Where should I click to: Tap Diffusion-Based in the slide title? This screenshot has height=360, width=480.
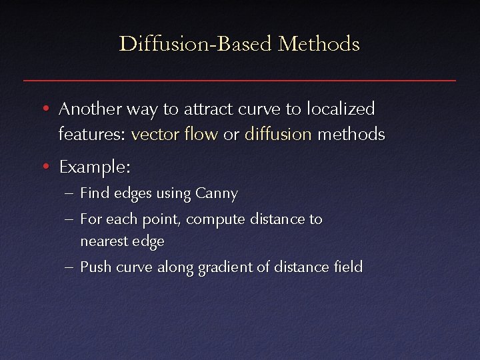(x=196, y=45)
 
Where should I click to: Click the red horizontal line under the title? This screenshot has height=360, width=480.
(x=240, y=81)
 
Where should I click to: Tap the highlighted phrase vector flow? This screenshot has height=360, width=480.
(x=175, y=134)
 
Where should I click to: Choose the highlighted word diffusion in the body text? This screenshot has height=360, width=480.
(x=278, y=134)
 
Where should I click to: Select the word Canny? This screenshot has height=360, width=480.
(x=217, y=194)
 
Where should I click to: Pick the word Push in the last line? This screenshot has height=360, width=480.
(x=94, y=267)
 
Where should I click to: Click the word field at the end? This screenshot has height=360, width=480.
(x=349, y=267)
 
